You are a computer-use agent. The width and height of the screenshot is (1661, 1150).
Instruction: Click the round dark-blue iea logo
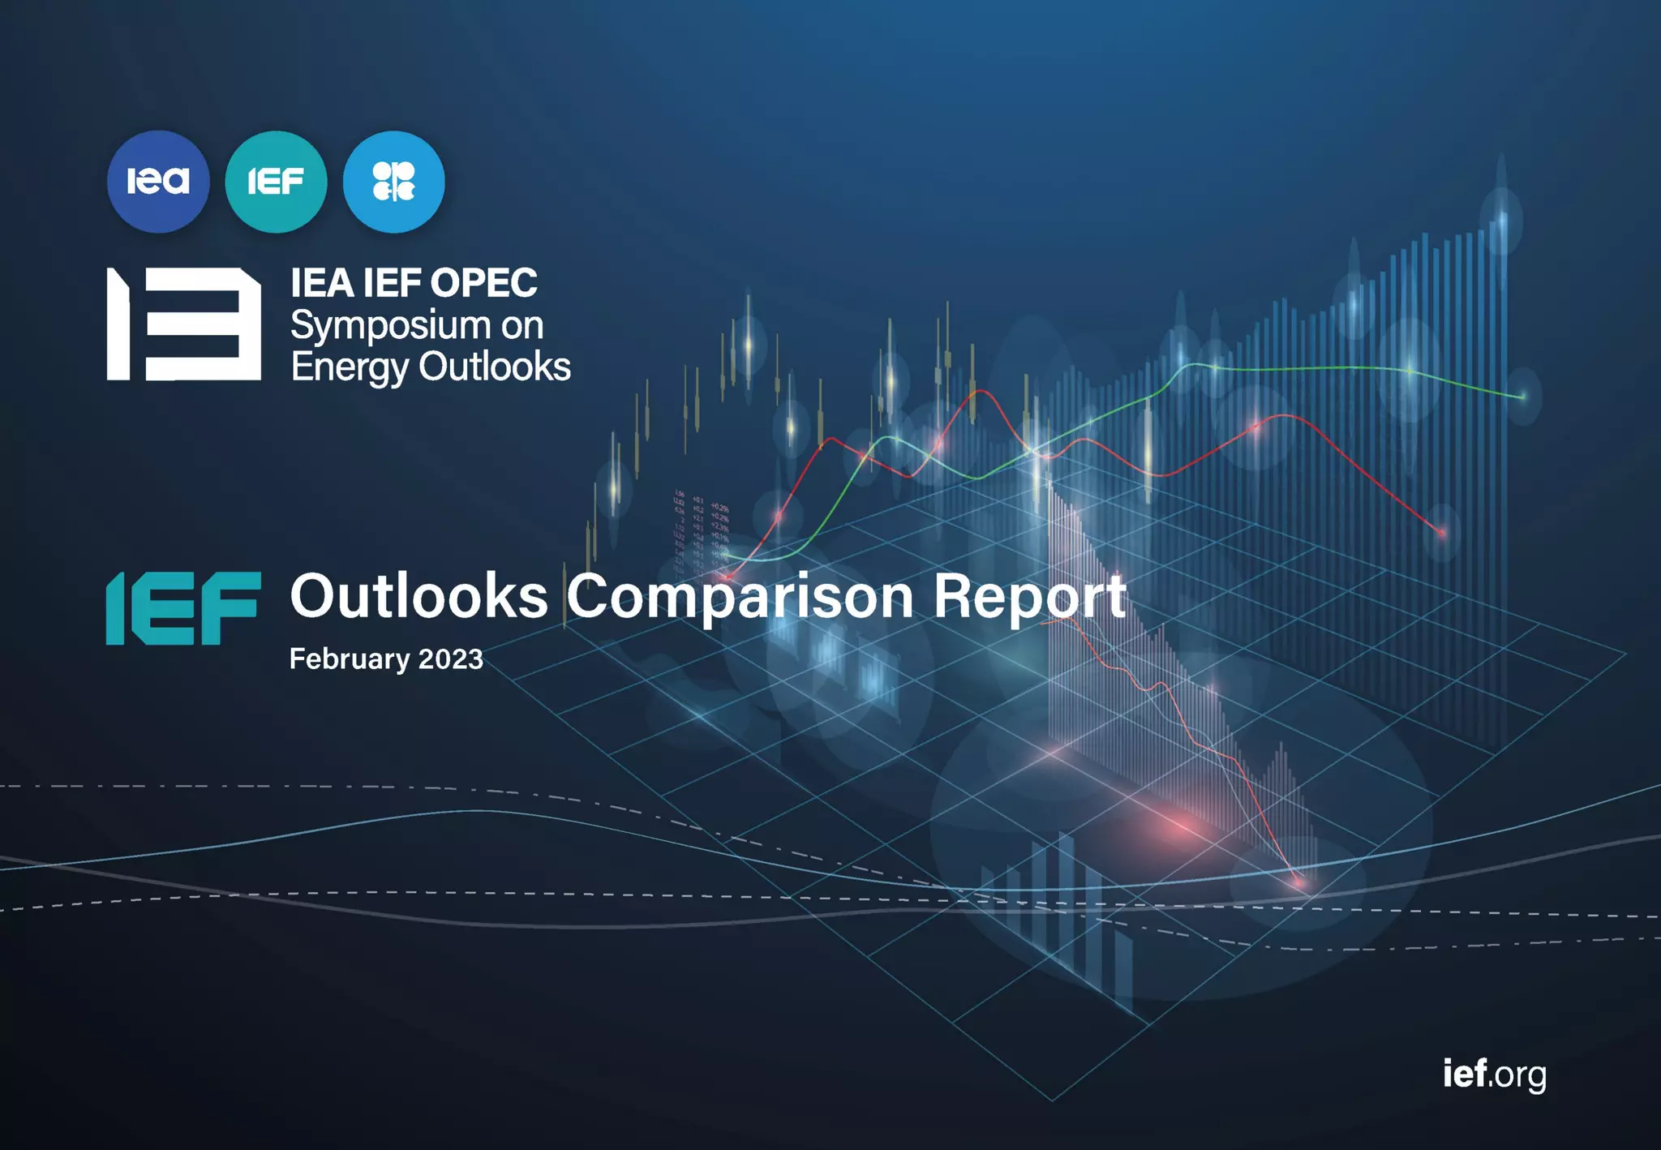coord(158,182)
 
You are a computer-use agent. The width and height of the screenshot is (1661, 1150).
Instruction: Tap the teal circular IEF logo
coord(276,182)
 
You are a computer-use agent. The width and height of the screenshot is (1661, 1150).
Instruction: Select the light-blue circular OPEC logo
coord(394,182)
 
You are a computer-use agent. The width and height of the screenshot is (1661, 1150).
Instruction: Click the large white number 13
coord(184,324)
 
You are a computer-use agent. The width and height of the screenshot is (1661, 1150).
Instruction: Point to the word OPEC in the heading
coord(483,283)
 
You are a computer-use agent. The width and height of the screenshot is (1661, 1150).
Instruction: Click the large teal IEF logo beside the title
coord(183,608)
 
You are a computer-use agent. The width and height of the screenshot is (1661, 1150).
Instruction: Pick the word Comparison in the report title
coord(740,597)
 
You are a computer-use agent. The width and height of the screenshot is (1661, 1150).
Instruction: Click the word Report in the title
coord(1030,597)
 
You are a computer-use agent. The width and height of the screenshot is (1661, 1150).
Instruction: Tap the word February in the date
coord(350,659)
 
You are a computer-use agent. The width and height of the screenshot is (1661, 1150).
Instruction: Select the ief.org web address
coord(1494,1074)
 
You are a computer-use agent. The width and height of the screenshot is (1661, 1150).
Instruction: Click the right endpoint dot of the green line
coord(1522,396)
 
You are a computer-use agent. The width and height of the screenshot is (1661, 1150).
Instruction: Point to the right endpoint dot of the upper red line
coord(1442,533)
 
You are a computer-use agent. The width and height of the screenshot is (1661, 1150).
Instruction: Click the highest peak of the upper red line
coord(981,391)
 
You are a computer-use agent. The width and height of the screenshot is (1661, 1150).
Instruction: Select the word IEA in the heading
coord(322,283)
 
